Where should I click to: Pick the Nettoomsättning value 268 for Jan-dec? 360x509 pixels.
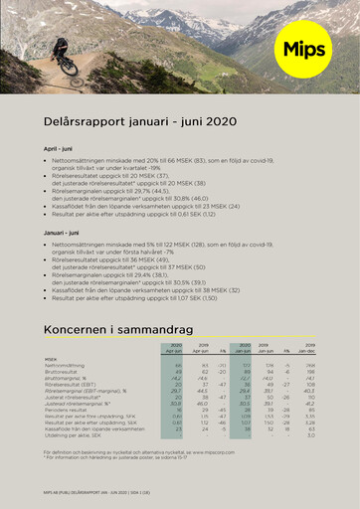[x=309, y=366]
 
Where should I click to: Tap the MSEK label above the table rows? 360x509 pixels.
[x=51, y=360]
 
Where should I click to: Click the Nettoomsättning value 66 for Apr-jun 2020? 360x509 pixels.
[x=177, y=366]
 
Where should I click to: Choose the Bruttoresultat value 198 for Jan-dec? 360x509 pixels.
[x=309, y=372]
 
